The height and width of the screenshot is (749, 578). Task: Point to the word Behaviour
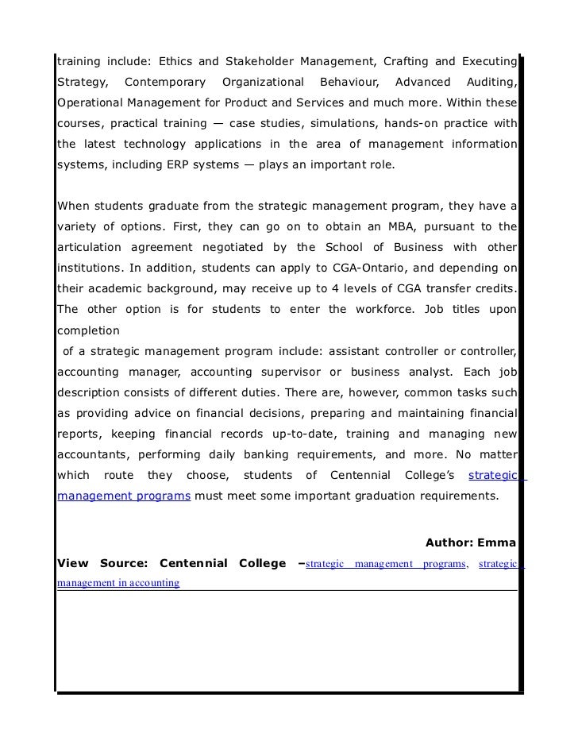click(x=349, y=82)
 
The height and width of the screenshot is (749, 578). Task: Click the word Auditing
click(x=492, y=82)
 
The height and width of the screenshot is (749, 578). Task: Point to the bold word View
click(x=72, y=563)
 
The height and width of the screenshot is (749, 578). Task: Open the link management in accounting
click(x=118, y=583)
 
